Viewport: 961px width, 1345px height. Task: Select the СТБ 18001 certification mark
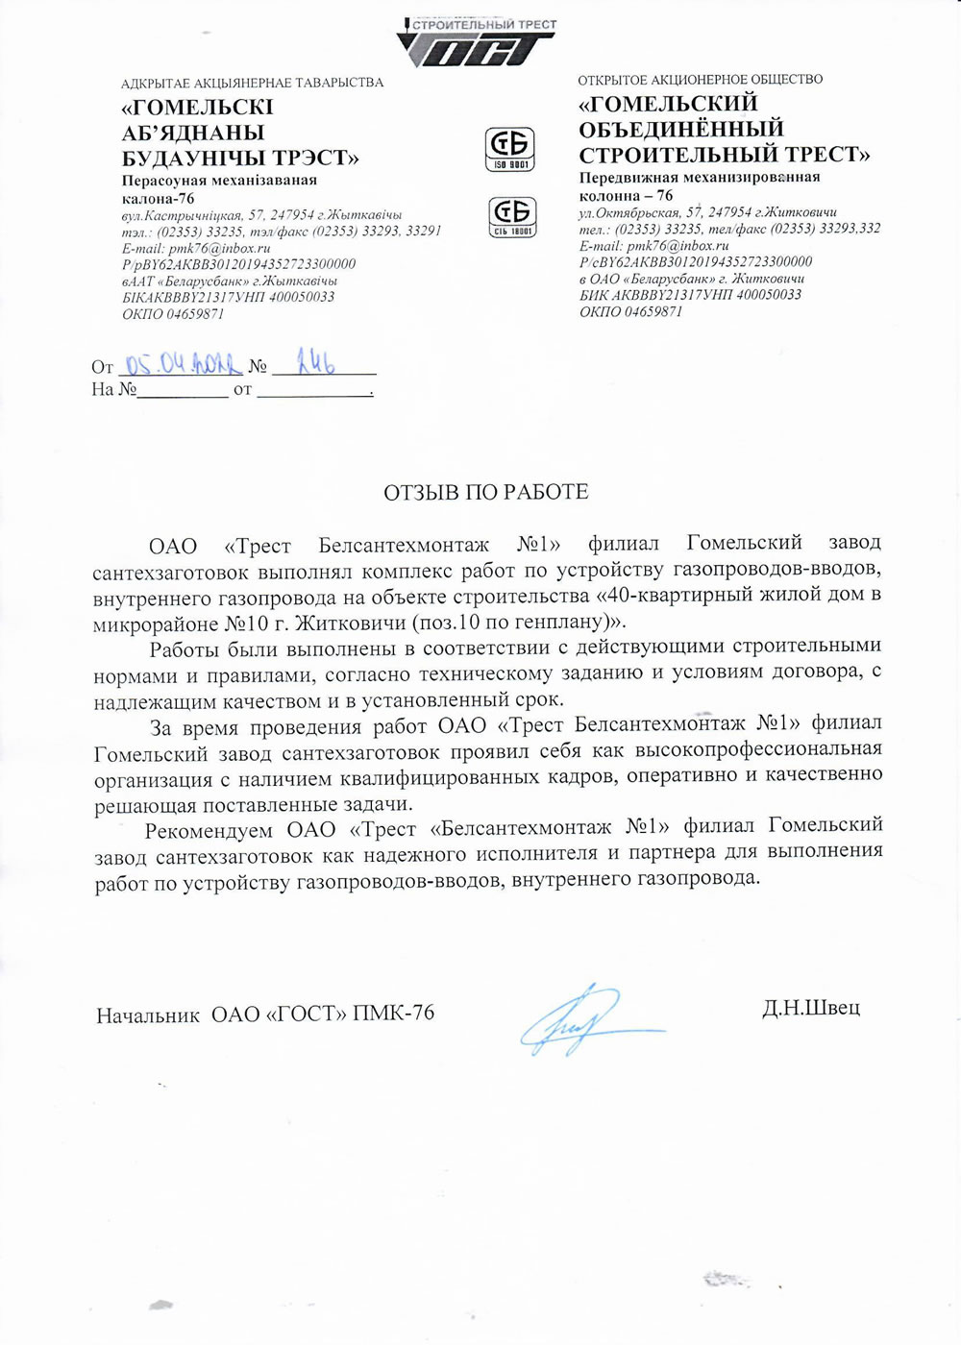click(x=512, y=216)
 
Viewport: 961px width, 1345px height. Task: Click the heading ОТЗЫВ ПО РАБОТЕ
click(x=485, y=493)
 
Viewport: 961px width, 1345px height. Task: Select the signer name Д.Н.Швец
click(x=810, y=1008)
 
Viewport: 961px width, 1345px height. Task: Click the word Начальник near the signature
click(x=147, y=1014)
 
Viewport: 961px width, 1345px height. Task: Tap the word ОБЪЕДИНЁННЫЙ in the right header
click(x=681, y=129)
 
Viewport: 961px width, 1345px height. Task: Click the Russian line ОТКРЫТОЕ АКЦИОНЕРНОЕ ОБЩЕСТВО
click(x=700, y=80)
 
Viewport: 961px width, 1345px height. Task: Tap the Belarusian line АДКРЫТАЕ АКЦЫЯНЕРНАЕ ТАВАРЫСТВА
click(x=252, y=83)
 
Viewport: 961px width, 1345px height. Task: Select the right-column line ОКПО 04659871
click(x=630, y=312)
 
